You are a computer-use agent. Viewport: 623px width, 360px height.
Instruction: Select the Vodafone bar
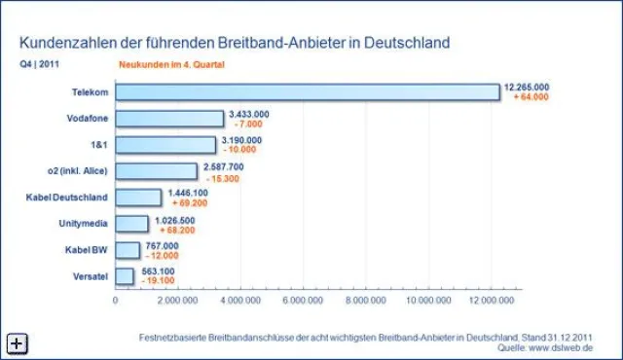point(169,119)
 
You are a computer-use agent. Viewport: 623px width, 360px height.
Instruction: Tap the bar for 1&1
point(165,145)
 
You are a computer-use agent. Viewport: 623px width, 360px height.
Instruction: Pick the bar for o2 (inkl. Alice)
point(156,171)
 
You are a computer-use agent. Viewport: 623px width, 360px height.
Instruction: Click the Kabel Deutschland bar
point(138,198)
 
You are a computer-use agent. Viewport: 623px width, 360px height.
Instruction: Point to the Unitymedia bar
point(131,224)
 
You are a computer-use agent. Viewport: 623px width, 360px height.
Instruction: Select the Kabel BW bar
point(128,250)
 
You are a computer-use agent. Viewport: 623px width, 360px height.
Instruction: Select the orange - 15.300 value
point(224,177)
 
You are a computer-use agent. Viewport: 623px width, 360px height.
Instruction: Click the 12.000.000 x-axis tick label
point(491,301)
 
